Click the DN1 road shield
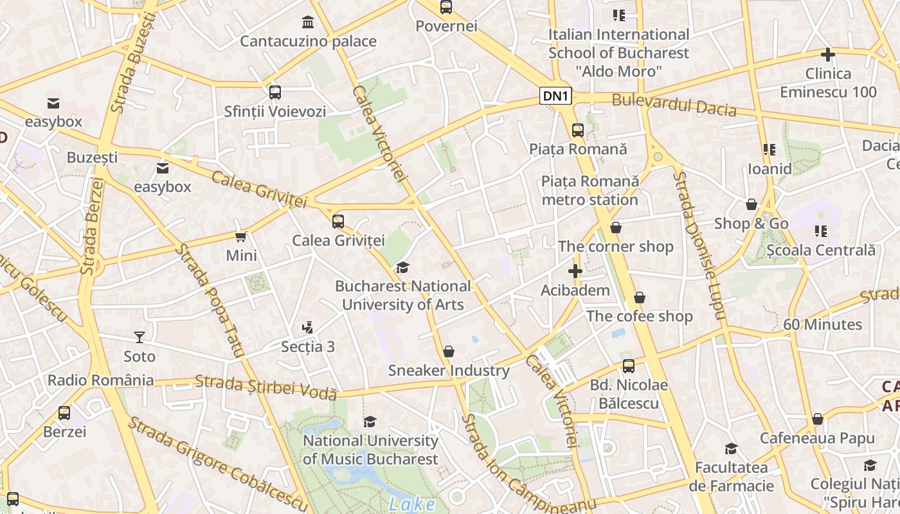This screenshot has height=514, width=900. point(555,96)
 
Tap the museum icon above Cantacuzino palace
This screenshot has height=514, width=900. point(308,22)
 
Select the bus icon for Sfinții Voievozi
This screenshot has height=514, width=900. point(275,92)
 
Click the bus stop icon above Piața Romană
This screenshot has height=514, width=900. point(578,130)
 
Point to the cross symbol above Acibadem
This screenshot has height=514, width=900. point(575,271)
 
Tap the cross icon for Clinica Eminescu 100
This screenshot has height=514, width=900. point(828,55)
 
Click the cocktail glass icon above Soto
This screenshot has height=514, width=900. point(139,337)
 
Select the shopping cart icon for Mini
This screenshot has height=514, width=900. point(241,236)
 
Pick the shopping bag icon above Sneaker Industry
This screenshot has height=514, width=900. point(449,351)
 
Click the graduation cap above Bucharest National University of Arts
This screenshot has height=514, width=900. point(402,267)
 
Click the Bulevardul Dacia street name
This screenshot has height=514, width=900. point(674,105)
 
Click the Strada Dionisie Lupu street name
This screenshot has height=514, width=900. point(699,244)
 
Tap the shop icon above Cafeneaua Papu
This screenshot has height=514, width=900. point(818,419)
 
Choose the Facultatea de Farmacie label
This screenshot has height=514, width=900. point(732,476)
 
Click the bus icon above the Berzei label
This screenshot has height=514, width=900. point(64,412)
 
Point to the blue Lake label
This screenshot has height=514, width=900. point(411,504)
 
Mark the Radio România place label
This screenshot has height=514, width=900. point(101,380)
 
